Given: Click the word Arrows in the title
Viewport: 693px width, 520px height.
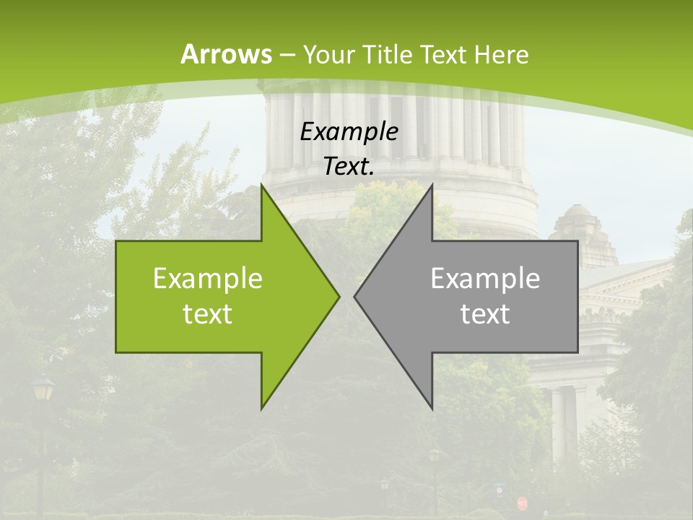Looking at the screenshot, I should click(x=226, y=54).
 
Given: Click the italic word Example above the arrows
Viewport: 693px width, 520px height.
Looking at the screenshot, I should click(x=349, y=131).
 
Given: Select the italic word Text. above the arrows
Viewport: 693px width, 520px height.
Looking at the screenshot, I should click(x=349, y=166).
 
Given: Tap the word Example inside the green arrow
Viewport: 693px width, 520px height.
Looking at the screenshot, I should click(x=208, y=278).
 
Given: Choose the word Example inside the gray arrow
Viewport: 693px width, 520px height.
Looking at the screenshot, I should click(x=485, y=278).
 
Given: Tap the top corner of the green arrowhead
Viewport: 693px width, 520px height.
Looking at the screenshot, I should click(x=262, y=185).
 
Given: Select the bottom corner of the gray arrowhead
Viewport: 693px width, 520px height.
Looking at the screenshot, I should click(x=432, y=408).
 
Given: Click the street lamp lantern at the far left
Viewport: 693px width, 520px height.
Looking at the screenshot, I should click(x=43, y=391).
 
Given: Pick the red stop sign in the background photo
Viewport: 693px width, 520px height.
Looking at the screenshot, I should click(x=522, y=502).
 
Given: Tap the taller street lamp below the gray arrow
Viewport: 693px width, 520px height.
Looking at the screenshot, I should click(x=435, y=457).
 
